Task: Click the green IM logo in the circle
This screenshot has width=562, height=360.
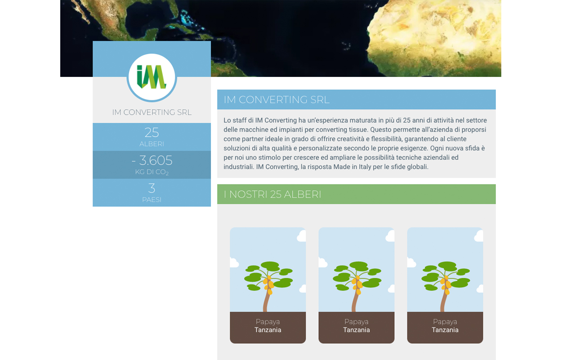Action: pos(151,77)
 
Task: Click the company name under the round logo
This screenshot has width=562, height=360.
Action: pos(152,112)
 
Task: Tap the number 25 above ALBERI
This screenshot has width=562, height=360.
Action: pos(152,132)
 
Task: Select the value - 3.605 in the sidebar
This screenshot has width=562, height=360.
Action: pos(152,160)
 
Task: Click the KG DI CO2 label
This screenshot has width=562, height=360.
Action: pos(152,172)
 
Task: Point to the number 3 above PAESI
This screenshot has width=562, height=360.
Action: pos(152,188)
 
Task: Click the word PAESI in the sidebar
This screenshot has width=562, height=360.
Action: pos(152,200)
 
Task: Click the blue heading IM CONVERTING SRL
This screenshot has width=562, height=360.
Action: pos(277,99)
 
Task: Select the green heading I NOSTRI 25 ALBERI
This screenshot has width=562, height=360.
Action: pos(272,194)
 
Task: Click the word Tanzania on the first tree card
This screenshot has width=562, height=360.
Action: pos(268,330)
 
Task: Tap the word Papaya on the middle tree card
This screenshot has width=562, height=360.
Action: pos(356,322)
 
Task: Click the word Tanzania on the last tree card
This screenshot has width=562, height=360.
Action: pos(445,330)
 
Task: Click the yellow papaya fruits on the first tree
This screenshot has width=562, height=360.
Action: pos(268,285)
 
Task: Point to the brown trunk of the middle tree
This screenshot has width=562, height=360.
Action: pos(355,301)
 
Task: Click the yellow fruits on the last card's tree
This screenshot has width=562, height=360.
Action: pos(446,285)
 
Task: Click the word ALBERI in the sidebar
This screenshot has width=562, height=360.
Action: pos(152,144)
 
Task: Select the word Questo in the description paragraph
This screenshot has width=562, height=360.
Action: pos(380,130)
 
